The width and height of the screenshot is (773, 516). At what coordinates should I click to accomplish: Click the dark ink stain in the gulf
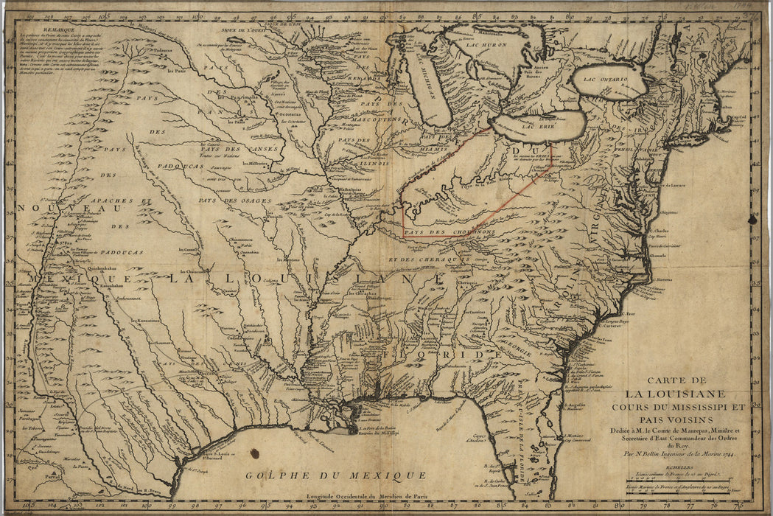254,453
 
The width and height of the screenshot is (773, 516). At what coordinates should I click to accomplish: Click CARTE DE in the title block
675,380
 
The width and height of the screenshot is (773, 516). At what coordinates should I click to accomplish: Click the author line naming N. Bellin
676,455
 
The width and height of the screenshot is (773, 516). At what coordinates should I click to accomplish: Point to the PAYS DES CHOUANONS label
450,232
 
